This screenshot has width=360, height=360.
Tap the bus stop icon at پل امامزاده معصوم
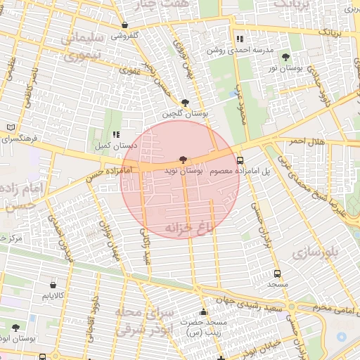pos(240,160)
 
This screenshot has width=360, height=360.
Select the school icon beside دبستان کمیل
pos(116,134)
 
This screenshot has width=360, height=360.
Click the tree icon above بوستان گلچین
pos(184,103)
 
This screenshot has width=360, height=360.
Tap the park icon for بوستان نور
pos(285,57)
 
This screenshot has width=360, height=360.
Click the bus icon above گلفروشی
pos(124,25)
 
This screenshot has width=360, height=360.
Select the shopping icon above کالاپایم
pos(54,285)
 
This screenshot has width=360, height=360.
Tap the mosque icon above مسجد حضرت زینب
pos(204,312)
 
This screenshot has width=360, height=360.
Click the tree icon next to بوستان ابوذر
pos(15,328)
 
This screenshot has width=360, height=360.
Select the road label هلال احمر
pos(307,142)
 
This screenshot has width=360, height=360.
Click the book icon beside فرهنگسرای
pos(10,127)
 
